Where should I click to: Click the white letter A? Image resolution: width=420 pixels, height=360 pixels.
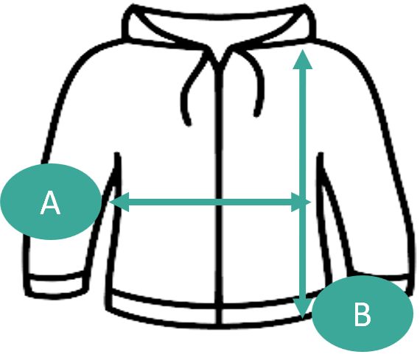tap(50, 202)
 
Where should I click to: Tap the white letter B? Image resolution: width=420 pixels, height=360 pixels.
tap(363, 314)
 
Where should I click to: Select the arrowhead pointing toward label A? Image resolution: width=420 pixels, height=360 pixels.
tap(119, 202)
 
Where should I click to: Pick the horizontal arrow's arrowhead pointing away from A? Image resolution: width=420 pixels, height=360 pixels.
tap(301, 202)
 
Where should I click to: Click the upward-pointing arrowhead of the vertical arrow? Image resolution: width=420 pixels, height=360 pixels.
tap(302, 60)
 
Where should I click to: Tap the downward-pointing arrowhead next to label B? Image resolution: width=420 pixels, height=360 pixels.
tap(302, 308)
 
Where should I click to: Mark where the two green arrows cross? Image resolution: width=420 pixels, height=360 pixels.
tap(303, 202)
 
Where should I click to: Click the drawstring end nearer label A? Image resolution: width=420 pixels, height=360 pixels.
tap(189, 123)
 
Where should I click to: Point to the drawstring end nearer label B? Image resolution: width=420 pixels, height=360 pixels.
tap(256, 114)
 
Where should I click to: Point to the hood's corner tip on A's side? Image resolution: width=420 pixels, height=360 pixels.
tap(132, 7)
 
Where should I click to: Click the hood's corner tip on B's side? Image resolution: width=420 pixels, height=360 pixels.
tap(305, 7)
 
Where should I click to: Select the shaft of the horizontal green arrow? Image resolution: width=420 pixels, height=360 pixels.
tap(210, 202)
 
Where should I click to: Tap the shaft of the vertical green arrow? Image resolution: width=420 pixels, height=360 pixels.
tap(303, 184)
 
